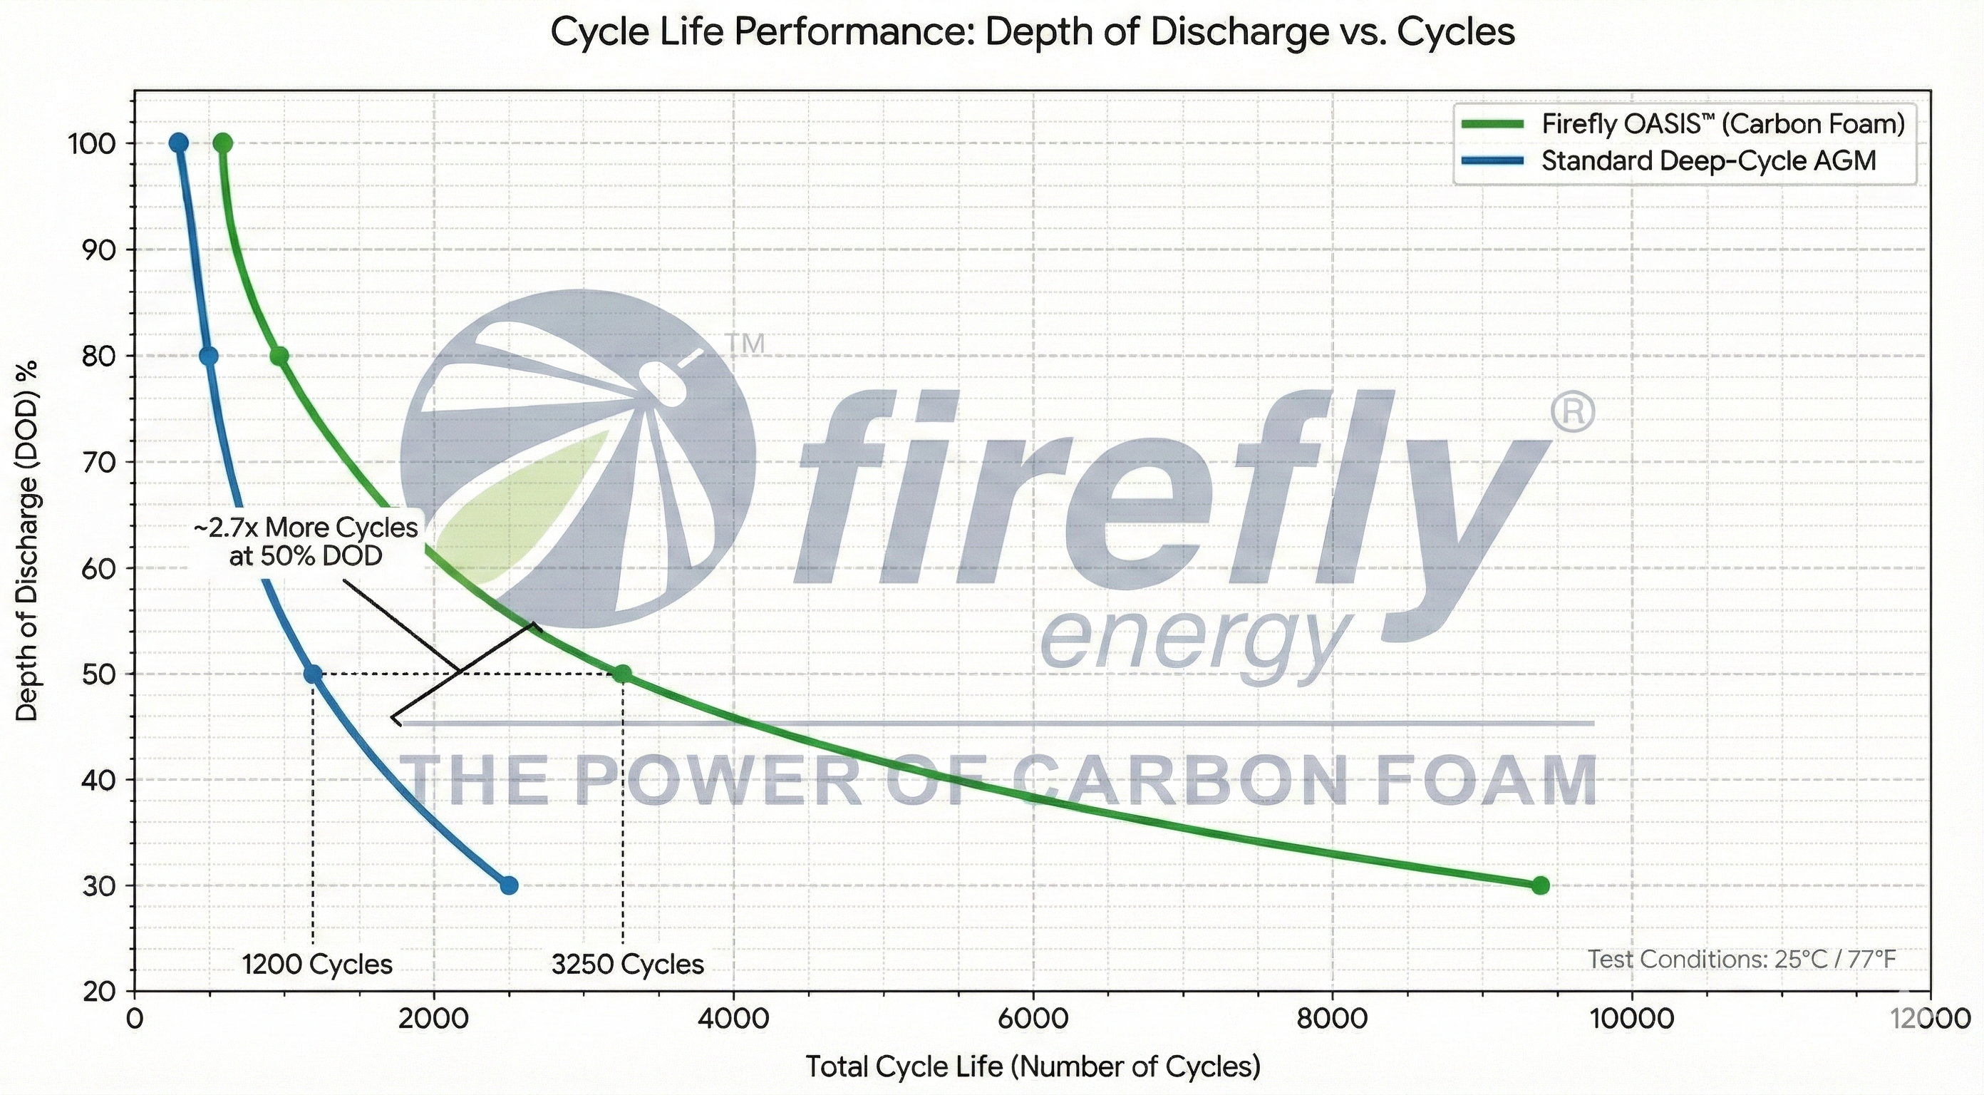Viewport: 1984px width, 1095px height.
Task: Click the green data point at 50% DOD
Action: pos(621,674)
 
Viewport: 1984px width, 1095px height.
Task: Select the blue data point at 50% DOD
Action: pos(313,674)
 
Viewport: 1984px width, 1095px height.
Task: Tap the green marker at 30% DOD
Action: pos(1539,885)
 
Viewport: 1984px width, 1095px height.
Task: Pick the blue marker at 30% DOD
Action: pos(509,885)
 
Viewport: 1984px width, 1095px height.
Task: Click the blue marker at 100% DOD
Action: pos(179,143)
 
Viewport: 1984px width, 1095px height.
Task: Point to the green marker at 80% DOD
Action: pos(279,356)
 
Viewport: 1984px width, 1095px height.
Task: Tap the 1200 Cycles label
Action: pos(317,965)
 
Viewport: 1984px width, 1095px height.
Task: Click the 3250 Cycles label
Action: pos(628,965)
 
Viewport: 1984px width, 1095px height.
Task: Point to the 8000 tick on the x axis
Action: pos(1332,1019)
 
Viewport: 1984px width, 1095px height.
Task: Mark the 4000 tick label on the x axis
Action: pos(733,1019)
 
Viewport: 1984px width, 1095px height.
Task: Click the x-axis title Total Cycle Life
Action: pos(1033,1066)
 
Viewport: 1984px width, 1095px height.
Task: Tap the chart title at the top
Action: pos(1032,32)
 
